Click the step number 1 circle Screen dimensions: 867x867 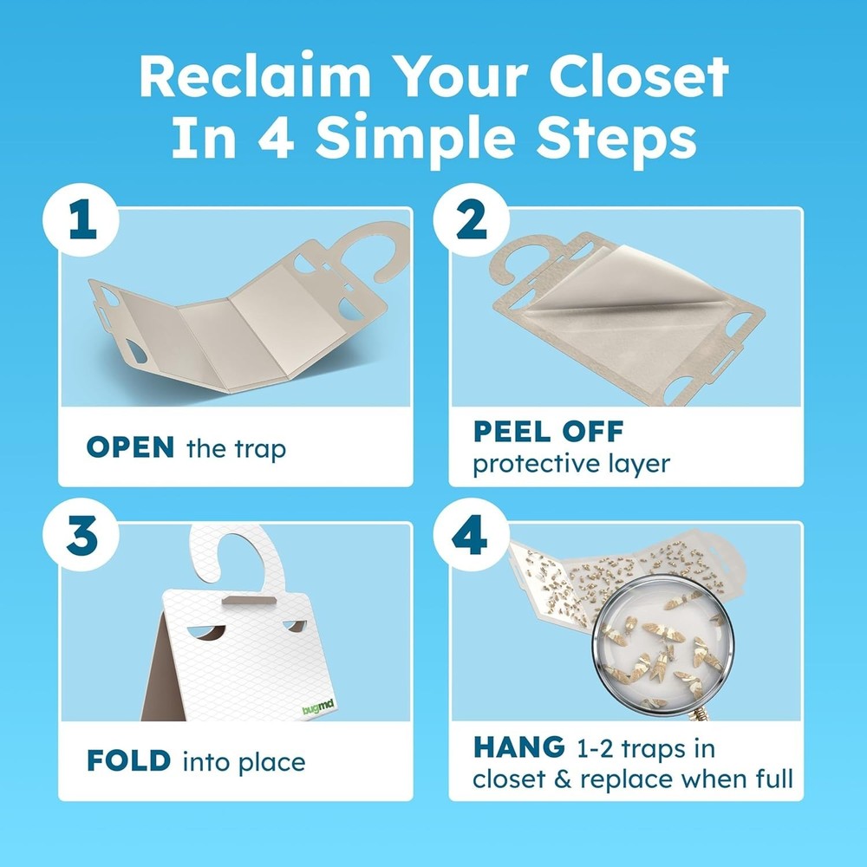pyautogui.click(x=82, y=223)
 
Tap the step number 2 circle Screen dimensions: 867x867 pyautogui.click(x=472, y=223)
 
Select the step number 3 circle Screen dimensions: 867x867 pyautogui.click(x=82, y=538)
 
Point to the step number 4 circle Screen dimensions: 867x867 pyautogui.click(x=472, y=538)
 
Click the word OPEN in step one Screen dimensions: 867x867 pyautogui.click(x=130, y=447)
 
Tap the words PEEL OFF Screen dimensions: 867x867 pyautogui.click(x=548, y=431)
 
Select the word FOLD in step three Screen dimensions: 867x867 pyautogui.click(x=128, y=762)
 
